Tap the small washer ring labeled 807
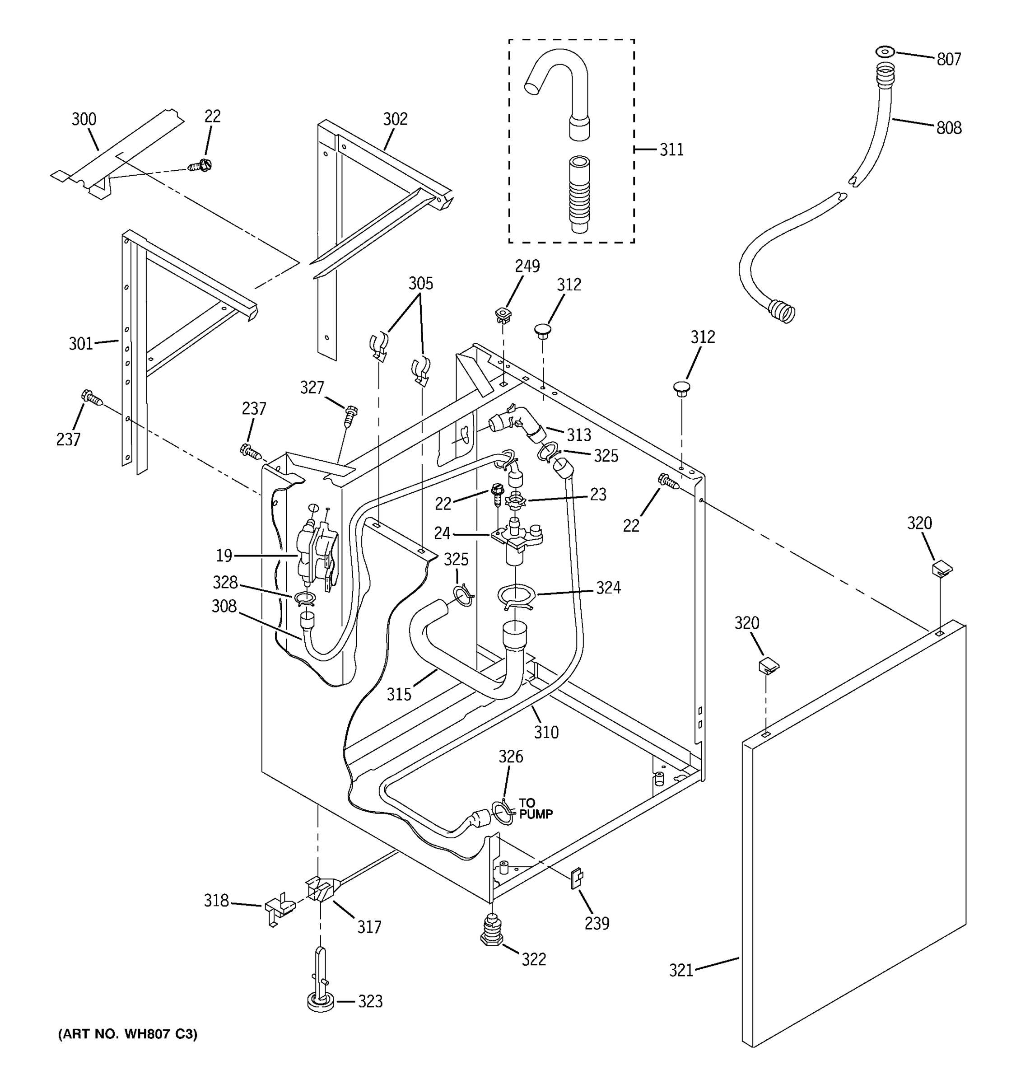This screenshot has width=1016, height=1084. pyautogui.click(x=885, y=52)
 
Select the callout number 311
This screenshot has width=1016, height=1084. pyautogui.click(x=671, y=150)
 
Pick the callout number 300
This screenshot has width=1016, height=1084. pyautogui.click(x=84, y=119)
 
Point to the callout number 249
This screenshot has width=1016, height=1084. pyautogui.click(x=527, y=266)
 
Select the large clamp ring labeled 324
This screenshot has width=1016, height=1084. pyautogui.click(x=516, y=596)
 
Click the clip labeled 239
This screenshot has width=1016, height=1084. pyautogui.click(x=576, y=878)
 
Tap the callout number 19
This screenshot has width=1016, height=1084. pyautogui.click(x=224, y=556)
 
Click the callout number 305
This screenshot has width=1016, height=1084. pyautogui.click(x=420, y=283)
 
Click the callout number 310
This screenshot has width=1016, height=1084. pyautogui.click(x=545, y=732)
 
